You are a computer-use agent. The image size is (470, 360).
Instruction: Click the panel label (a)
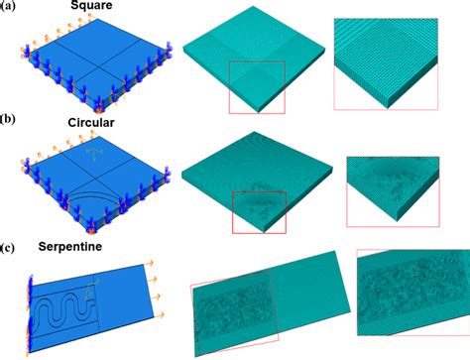[8, 8]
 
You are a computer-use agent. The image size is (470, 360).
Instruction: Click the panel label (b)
[8, 120]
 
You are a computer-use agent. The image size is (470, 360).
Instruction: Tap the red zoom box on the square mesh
[257, 85]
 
